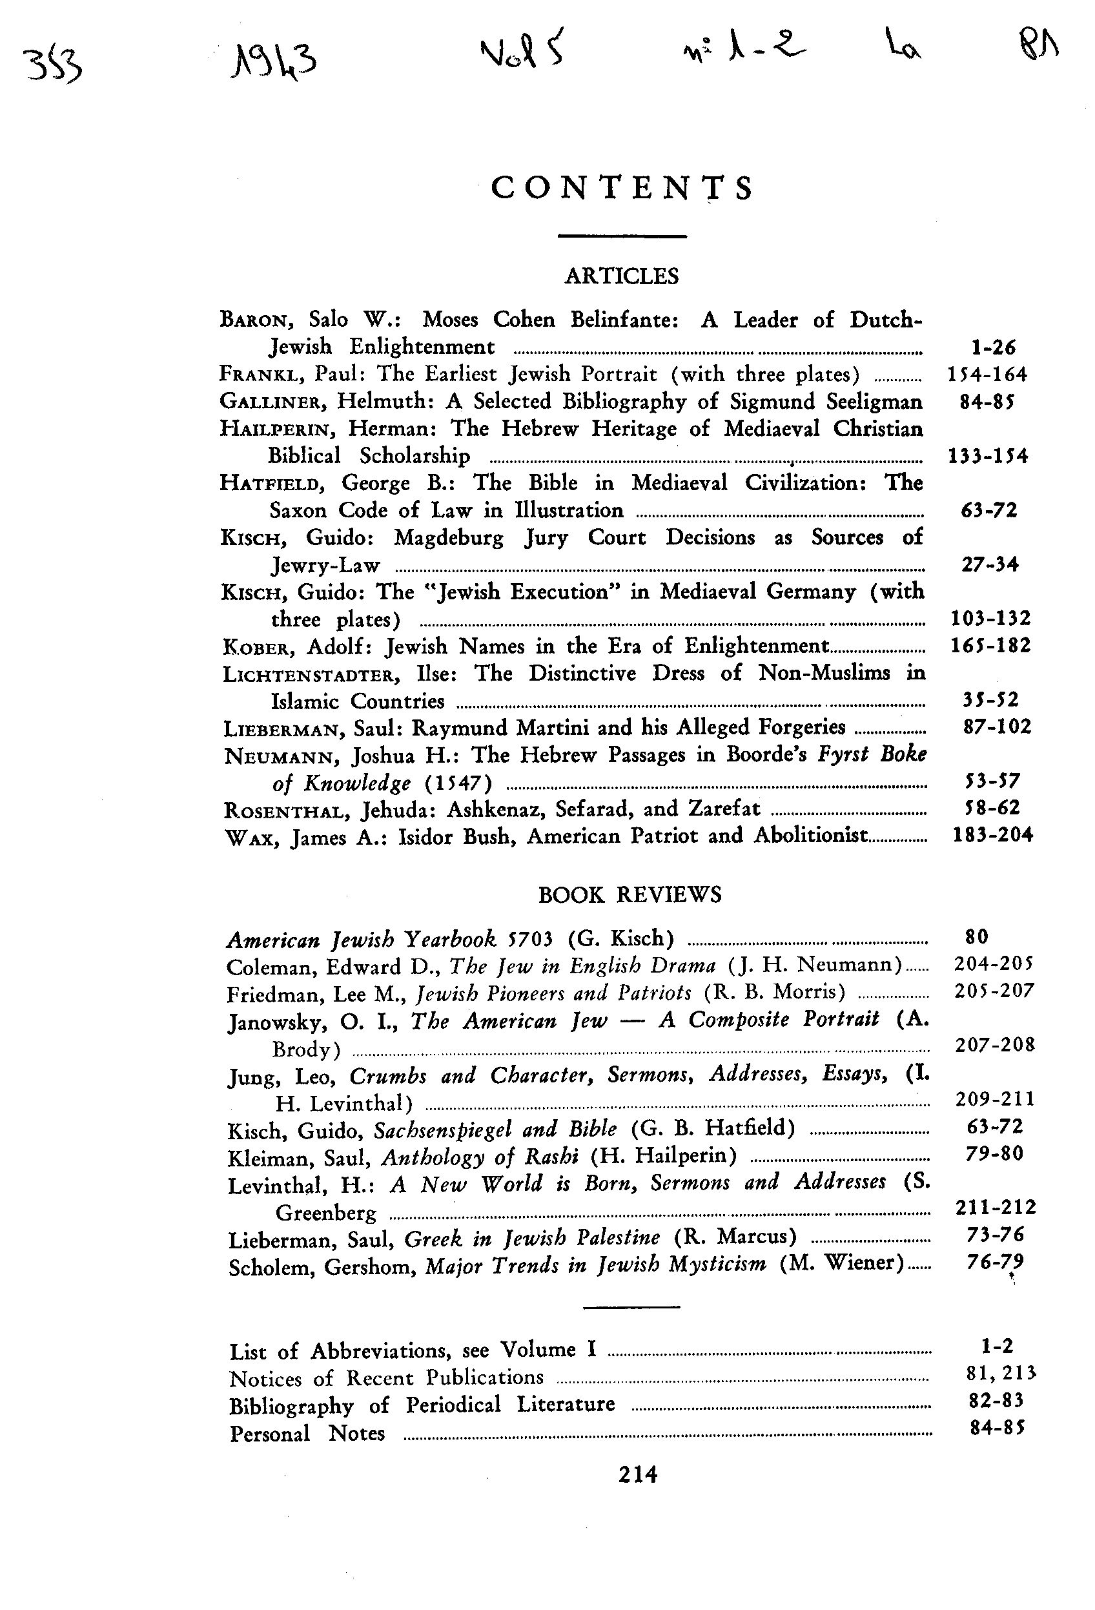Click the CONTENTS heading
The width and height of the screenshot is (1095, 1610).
(621, 188)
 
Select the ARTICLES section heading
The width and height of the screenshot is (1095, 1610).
(621, 276)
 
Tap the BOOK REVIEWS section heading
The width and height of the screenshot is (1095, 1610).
(629, 894)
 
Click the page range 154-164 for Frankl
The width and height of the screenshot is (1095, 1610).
(987, 374)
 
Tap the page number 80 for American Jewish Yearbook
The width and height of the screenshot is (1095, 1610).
(977, 936)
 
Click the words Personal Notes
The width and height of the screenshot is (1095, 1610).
(307, 1433)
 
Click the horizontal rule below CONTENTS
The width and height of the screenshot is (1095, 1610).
(622, 236)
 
